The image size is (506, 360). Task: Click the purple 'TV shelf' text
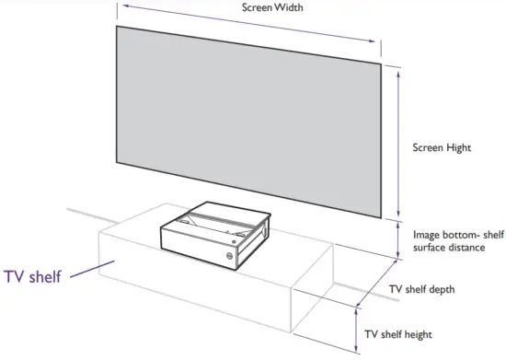pyautogui.click(x=33, y=276)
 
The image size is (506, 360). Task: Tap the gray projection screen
pyautogui.click(x=248, y=120)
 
